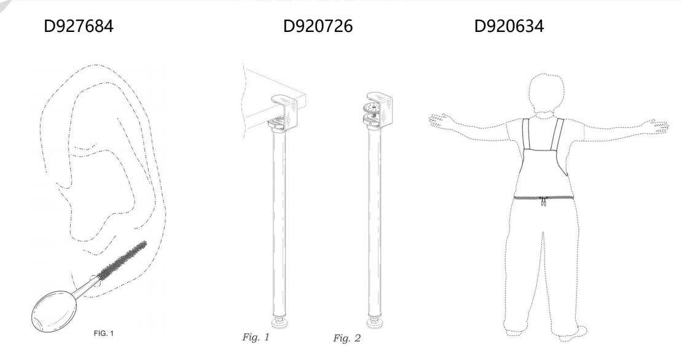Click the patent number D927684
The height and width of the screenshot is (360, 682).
(x=79, y=26)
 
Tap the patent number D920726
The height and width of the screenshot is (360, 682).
(x=318, y=26)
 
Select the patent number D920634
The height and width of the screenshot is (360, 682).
(x=509, y=26)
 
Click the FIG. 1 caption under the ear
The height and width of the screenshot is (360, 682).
(x=103, y=334)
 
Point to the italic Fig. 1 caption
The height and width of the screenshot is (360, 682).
(x=256, y=337)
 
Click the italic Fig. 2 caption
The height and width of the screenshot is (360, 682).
(x=347, y=338)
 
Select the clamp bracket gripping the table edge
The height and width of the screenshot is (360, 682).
(x=284, y=112)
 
